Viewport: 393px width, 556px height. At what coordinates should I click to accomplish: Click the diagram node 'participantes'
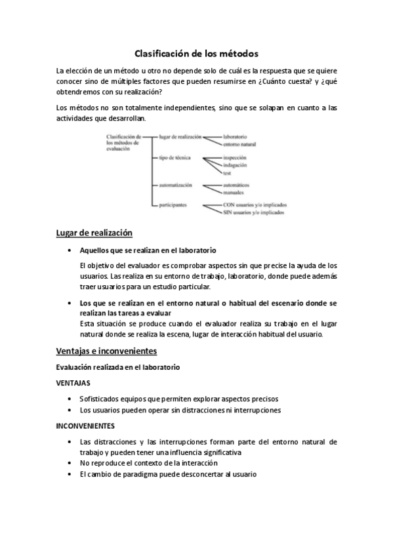(x=173, y=205)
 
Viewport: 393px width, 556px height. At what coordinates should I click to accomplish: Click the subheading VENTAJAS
(x=73, y=382)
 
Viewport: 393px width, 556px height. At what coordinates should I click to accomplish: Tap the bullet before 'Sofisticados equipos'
(x=70, y=399)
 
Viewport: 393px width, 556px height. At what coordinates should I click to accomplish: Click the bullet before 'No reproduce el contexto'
(x=70, y=463)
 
